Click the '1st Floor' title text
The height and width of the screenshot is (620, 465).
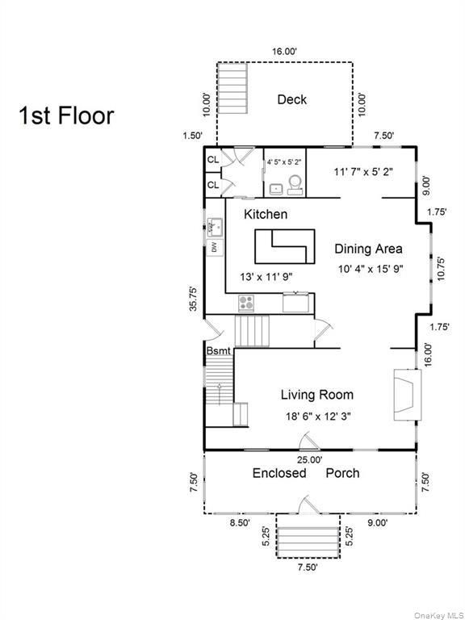pyautogui.click(x=66, y=115)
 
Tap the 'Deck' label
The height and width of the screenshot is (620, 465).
pyautogui.click(x=291, y=100)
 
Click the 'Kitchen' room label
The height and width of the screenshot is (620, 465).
pyautogui.click(x=266, y=215)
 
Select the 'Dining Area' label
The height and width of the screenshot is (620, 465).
pyautogui.click(x=368, y=249)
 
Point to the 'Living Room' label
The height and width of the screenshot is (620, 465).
pyautogui.click(x=316, y=395)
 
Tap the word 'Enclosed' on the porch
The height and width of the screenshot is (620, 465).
pyautogui.click(x=279, y=473)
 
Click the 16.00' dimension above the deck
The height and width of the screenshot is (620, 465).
pyautogui.click(x=283, y=51)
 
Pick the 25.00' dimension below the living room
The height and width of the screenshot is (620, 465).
pyautogui.click(x=309, y=459)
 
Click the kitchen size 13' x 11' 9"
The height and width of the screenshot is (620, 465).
pyautogui.click(x=266, y=277)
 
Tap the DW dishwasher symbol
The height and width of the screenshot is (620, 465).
pyautogui.click(x=215, y=247)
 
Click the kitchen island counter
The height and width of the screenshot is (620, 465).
pyautogui.click(x=283, y=245)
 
